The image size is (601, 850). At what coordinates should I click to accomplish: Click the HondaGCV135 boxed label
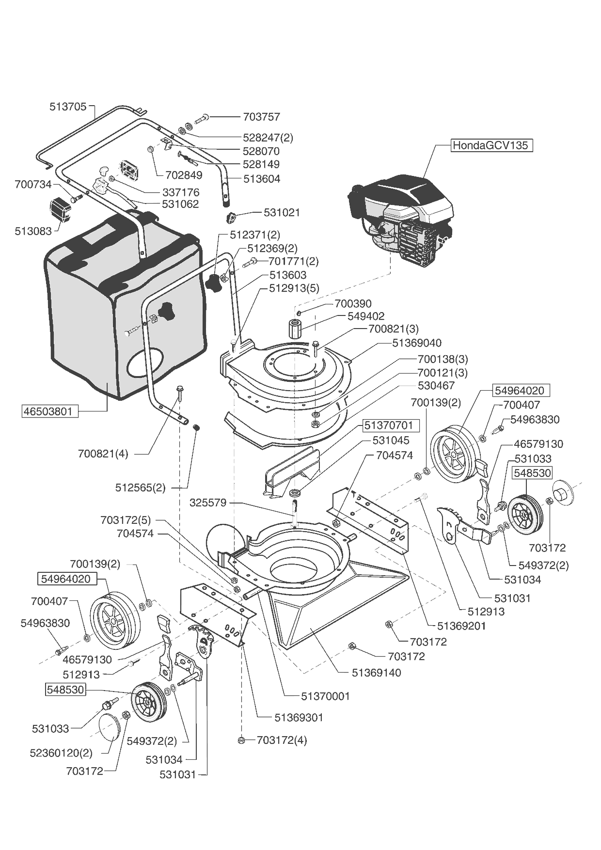point(491,145)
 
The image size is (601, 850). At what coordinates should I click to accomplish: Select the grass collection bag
point(121,310)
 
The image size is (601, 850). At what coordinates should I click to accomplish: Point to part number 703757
point(261,117)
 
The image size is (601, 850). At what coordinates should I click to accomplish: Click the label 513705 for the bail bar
point(68,107)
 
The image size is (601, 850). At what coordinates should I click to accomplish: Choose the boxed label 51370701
point(389,425)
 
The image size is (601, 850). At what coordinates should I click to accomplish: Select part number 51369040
point(417,343)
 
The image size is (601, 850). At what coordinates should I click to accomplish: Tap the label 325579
point(208,503)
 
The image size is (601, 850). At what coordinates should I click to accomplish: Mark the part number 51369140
point(377,673)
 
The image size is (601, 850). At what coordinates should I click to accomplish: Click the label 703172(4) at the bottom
point(282,740)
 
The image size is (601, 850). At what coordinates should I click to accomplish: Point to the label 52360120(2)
point(61,753)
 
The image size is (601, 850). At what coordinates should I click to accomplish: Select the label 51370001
point(325,696)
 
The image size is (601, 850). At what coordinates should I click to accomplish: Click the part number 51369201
point(461,626)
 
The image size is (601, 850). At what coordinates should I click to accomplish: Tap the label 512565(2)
point(140,488)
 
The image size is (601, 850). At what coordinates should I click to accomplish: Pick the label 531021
point(282,212)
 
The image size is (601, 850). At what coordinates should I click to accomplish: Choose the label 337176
point(181,192)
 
